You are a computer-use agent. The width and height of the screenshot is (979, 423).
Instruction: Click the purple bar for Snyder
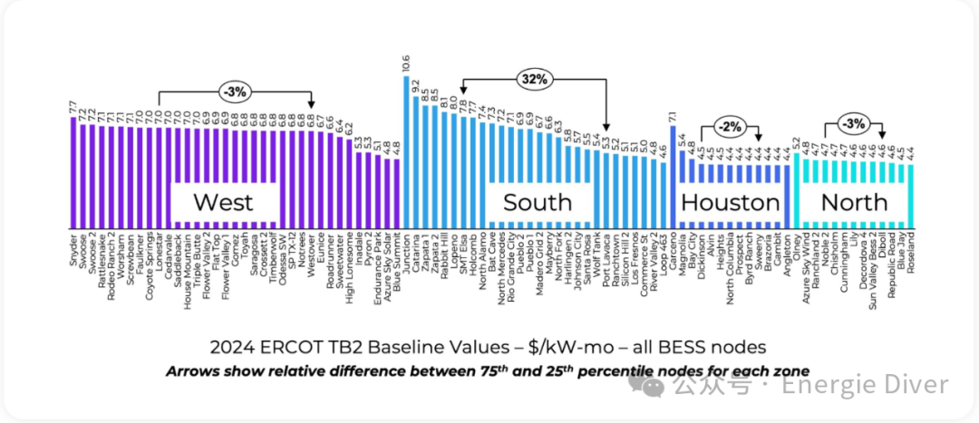[73, 172]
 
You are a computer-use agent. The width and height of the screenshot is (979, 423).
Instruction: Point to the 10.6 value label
[405, 63]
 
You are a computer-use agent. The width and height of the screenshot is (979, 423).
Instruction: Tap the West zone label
[223, 201]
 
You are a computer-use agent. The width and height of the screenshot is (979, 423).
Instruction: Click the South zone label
[538, 201]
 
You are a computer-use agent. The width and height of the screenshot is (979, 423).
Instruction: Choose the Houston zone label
[730, 201]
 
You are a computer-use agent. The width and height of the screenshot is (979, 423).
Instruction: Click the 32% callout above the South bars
[534, 80]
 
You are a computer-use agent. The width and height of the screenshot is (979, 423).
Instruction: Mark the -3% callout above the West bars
[234, 91]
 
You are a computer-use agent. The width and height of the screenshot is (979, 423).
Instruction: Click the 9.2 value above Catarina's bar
[415, 87]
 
